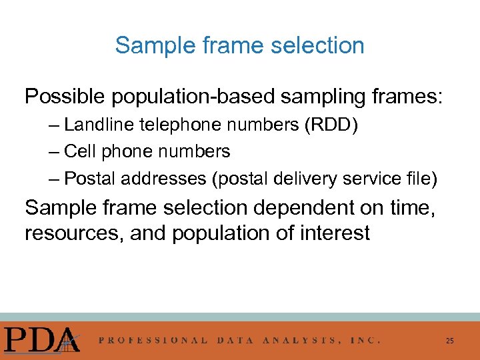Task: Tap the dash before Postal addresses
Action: point(54,179)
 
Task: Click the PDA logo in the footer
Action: point(41,339)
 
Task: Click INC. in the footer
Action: point(365,340)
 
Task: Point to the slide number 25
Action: point(450,341)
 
